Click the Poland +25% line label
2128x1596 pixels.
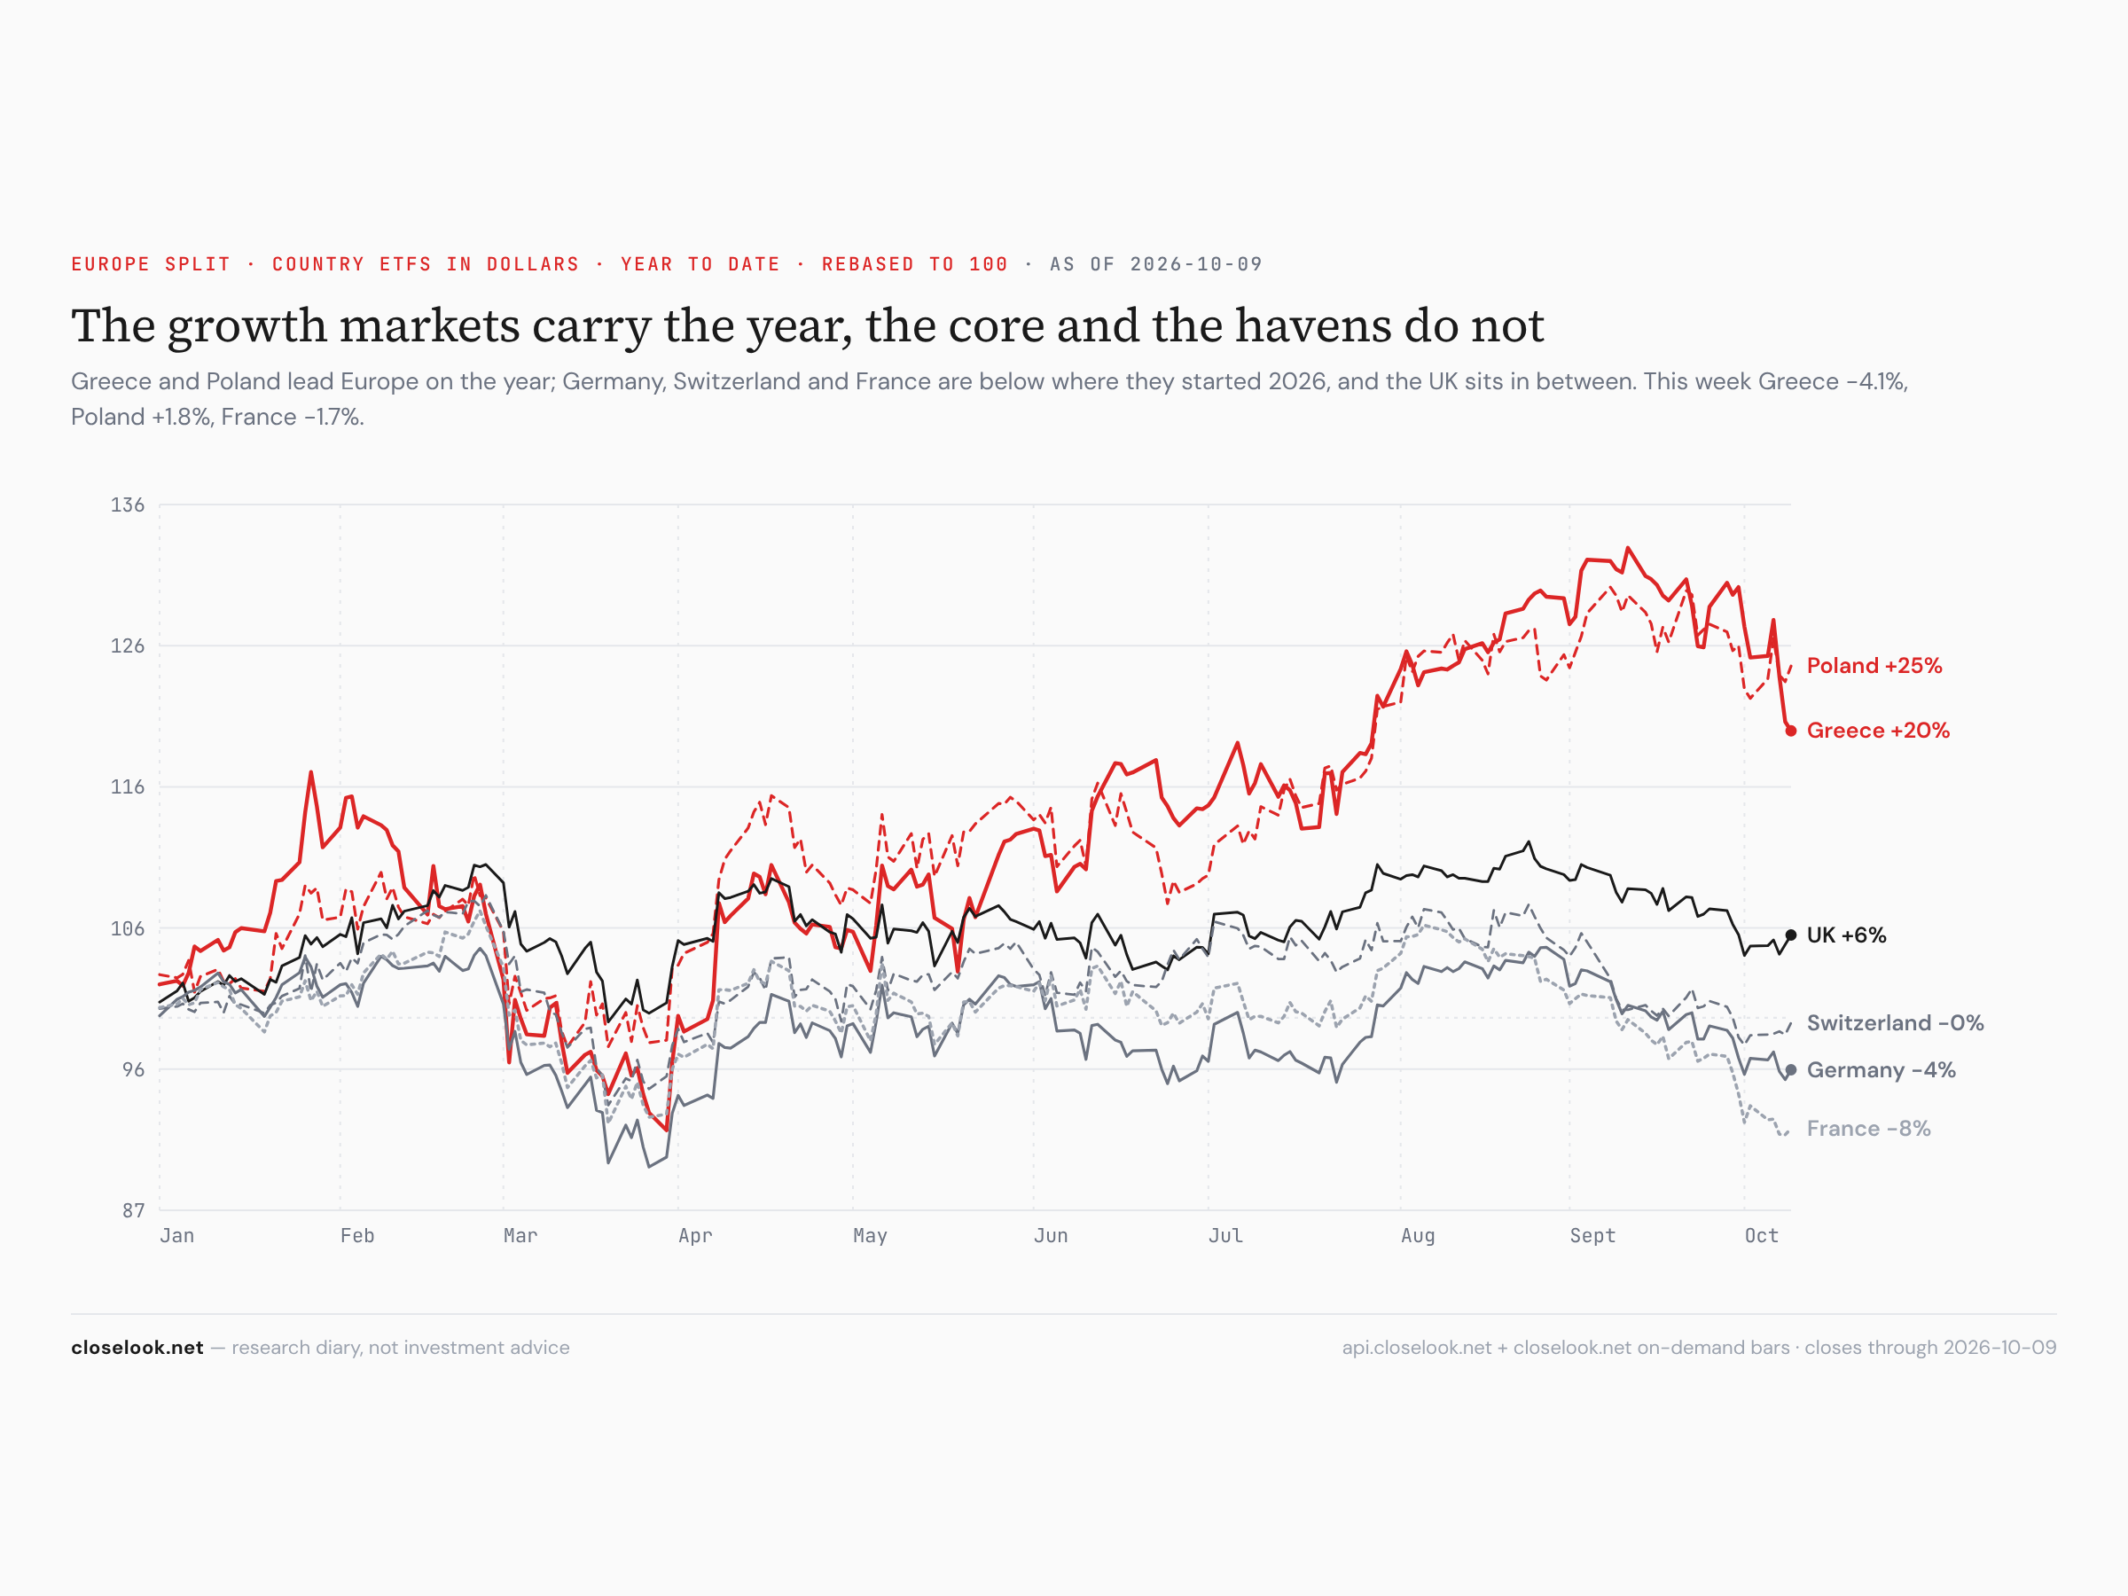click(1874, 666)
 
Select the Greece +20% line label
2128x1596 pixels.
click(1878, 731)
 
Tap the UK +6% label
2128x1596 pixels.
click(1846, 935)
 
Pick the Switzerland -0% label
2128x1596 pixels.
click(1895, 1022)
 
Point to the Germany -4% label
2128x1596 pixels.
click(1881, 1070)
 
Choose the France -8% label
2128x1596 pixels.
click(1868, 1129)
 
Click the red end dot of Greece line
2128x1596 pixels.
click(1790, 731)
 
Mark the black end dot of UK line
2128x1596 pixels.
click(1790, 935)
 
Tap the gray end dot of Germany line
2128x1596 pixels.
click(1790, 1070)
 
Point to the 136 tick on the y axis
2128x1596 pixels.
click(127, 505)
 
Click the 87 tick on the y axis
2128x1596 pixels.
click(133, 1210)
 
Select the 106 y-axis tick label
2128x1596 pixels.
click(127, 928)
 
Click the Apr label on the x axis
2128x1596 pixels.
click(694, 1236)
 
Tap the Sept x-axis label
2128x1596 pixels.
click(1592, 1236)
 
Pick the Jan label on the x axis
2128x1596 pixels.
click(177, 1236)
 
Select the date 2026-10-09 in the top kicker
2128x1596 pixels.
click(1196, 264)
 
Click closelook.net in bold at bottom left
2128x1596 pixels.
click(137, 1348)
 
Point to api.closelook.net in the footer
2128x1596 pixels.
click(1416, 1348)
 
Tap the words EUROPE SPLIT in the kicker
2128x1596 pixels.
click(151, 264)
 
